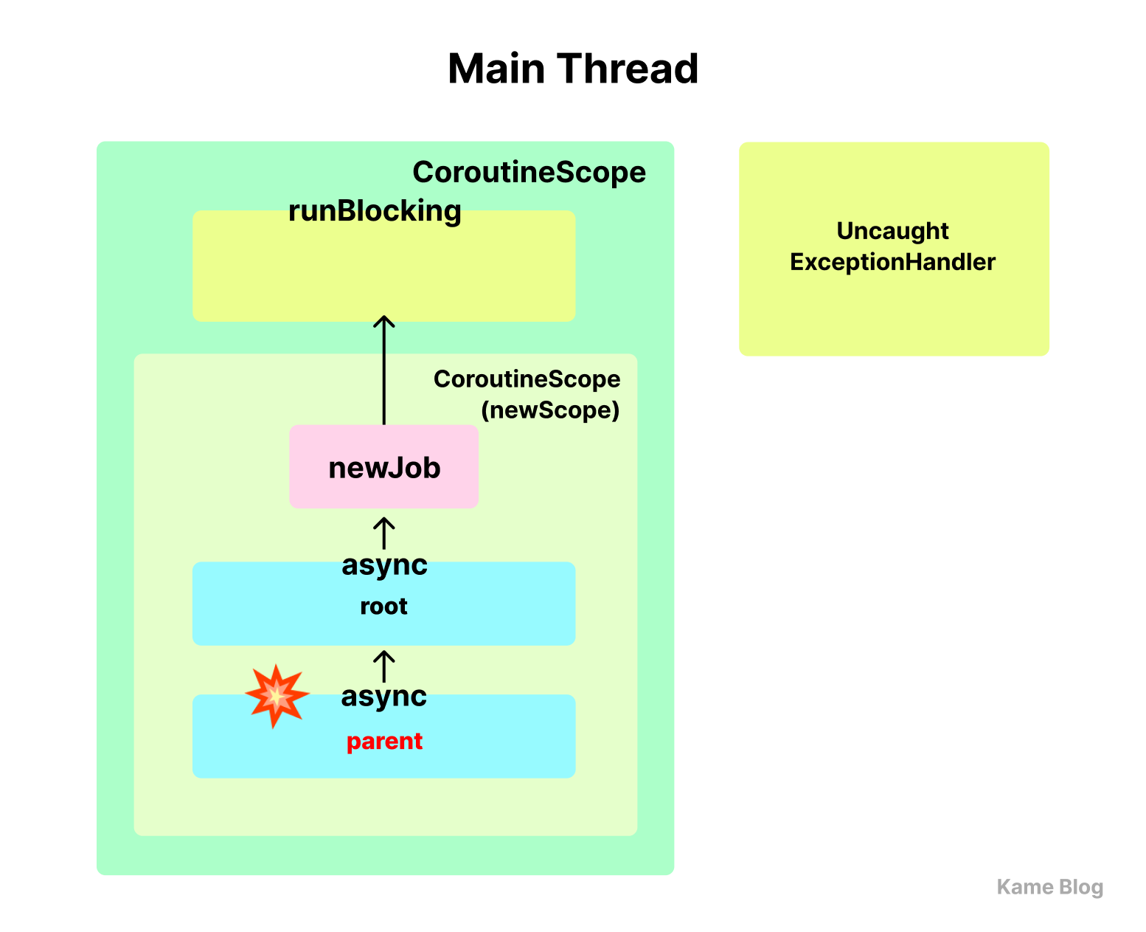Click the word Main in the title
coord(496,69)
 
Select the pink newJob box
coord(383,466)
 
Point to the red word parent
coord(383,741)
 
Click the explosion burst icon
coord(277,695)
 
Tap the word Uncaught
coord(892,230)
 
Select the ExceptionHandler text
coord(892,262)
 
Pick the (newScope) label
coord(549,410)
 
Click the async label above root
coord(383,565)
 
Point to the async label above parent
coord(383,696)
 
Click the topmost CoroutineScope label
coord(528,172)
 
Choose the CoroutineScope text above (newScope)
coord(527,379)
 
